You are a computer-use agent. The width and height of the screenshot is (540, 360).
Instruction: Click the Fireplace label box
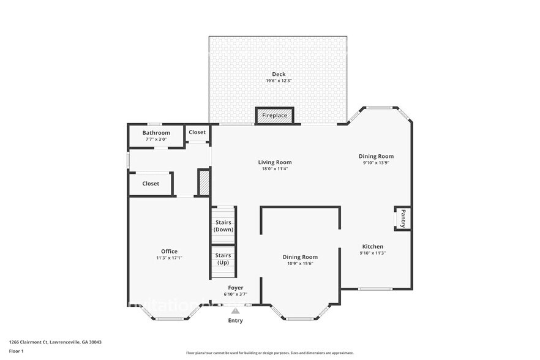(x=274, y=115)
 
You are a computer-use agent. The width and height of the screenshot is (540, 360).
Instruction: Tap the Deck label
(x=279, y=74)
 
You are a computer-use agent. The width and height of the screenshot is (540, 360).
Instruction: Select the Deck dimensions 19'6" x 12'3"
(x=279, y=81)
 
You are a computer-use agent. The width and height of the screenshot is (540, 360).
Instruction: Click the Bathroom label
(x=156, y=132)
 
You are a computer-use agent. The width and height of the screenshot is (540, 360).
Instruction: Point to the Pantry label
(x=403, y=219)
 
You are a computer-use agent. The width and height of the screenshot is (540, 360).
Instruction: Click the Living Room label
(x=274, y=162)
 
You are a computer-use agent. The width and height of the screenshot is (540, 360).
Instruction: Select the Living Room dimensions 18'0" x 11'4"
(x=274, y=169)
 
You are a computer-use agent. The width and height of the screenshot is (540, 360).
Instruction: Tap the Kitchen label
(x=372, y=246)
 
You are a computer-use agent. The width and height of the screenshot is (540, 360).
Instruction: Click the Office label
(x=169, y=251)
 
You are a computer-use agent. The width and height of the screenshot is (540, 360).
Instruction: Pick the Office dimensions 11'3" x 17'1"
(x=169, y=258)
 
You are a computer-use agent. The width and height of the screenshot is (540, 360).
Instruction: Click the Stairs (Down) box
(x=223, y=225)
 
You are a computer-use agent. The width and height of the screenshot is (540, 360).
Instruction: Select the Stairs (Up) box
(x=223, y=258)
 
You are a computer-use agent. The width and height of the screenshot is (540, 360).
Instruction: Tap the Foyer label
(x=235, y=287)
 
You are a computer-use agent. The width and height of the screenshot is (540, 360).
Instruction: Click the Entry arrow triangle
(x=235, y=311)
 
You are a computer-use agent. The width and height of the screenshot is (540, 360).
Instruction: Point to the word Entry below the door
(x=235, y=320)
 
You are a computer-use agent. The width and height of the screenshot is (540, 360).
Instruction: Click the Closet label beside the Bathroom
(x=197, y=132)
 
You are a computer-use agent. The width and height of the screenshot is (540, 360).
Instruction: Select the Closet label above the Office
(x=151, y=183)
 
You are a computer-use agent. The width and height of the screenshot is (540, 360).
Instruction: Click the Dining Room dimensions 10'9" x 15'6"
(x=300, y=264)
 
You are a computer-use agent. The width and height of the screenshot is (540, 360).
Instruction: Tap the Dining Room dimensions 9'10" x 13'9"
(x=376, y=163)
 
